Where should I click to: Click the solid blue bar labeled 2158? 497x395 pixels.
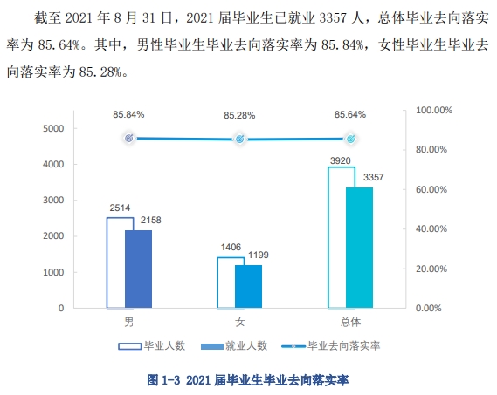tap(138, 269)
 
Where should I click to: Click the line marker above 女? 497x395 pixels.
tap(239, 139)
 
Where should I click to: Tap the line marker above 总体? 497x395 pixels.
tap(350, 139)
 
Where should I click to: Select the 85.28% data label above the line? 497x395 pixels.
tap(239, 115)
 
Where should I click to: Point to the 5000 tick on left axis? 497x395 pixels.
tap(54, 128)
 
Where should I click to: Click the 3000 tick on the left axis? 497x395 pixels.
tap(54, 201)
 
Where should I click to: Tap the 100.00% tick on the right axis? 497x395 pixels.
tap(433, 111)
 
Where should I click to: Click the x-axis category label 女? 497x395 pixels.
tap(239, 323)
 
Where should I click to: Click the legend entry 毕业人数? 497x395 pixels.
tap(153, 345)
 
